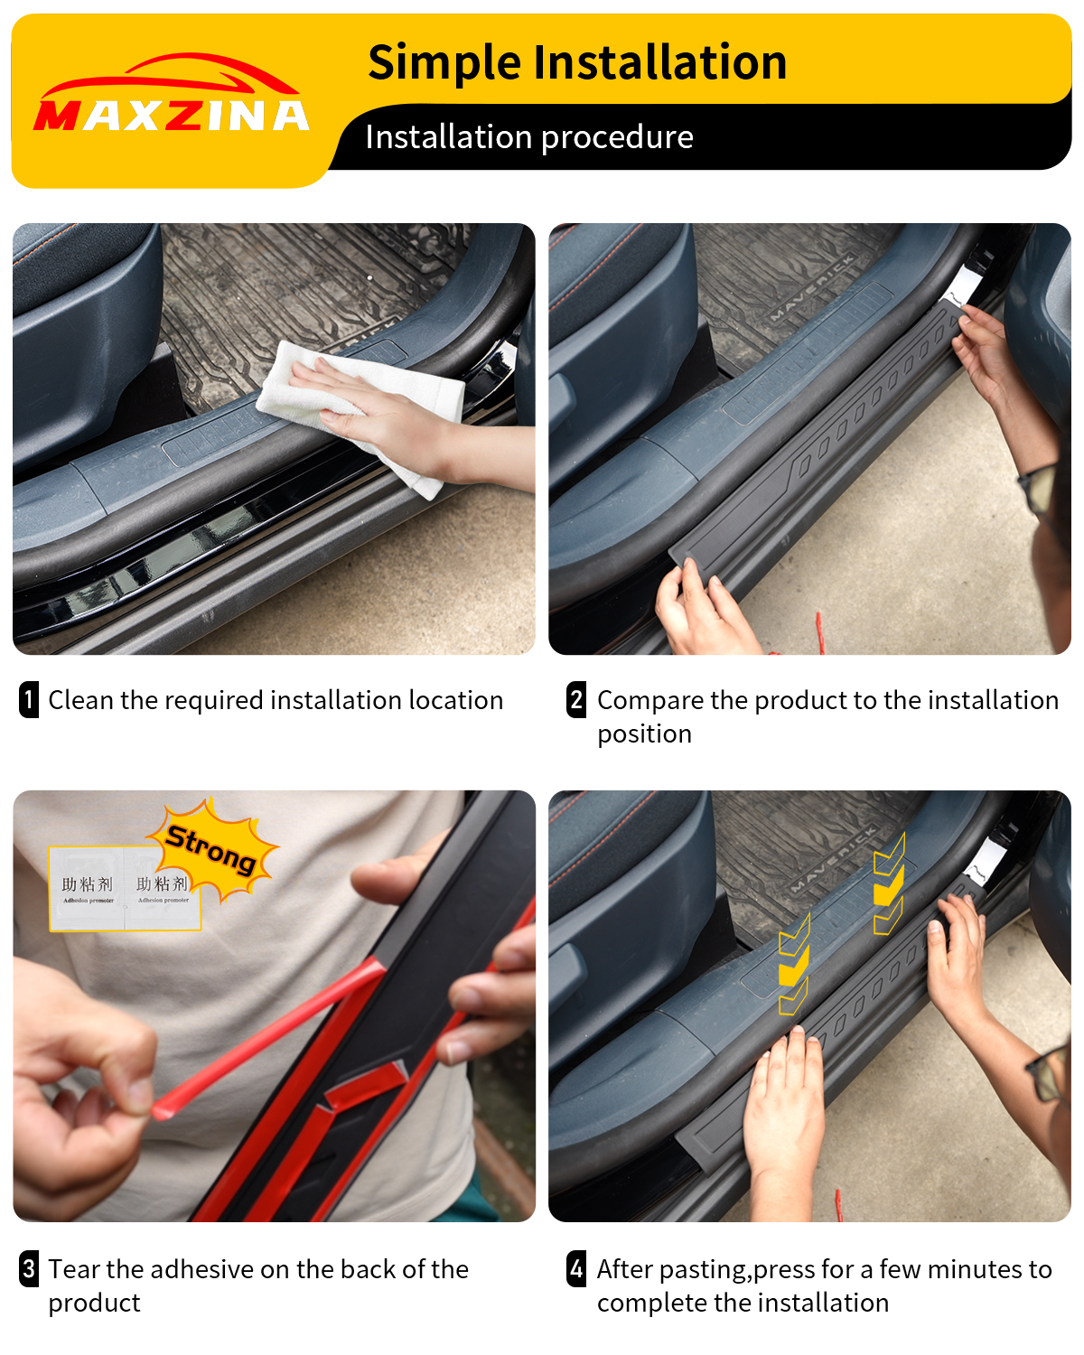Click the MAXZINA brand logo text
click(172, 115)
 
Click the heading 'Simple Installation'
click(577, 62)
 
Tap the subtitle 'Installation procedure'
click(529, 137)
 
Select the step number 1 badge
click(29, 700)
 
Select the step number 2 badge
click(576, 700)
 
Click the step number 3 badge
click(29, 1269)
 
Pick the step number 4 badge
click(576, 1269)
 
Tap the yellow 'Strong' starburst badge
click(213, 849)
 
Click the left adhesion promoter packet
click(88, 889)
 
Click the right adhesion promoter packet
click(163, 889)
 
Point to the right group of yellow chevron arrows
click(889, 885)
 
